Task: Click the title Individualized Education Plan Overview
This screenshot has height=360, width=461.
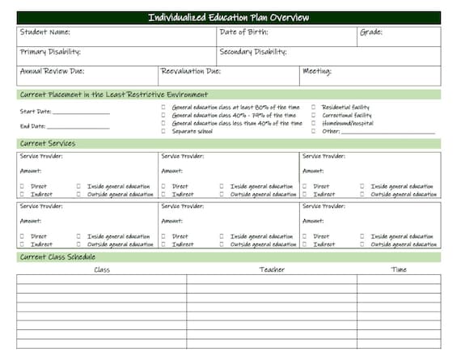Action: coord(229,18)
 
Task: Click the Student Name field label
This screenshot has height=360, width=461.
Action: coord(44,33)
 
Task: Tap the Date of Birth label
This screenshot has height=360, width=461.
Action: coord(243,33)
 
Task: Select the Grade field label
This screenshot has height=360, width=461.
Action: coord(371,33)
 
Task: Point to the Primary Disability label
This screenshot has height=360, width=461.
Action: coord(50,53)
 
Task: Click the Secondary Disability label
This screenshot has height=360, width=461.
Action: coord(253,53)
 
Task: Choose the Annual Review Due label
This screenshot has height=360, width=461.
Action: coord(53,72)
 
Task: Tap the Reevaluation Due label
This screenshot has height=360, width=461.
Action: coord(191,72)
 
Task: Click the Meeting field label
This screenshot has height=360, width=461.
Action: coord(316,72)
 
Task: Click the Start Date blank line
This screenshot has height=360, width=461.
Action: coord(81,112)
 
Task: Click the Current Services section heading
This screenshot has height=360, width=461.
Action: coord(47,144)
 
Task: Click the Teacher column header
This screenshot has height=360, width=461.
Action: coord(272,269)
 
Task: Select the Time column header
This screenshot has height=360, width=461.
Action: coord(399,269)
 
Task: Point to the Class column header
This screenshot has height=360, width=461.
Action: coord(102,269)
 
